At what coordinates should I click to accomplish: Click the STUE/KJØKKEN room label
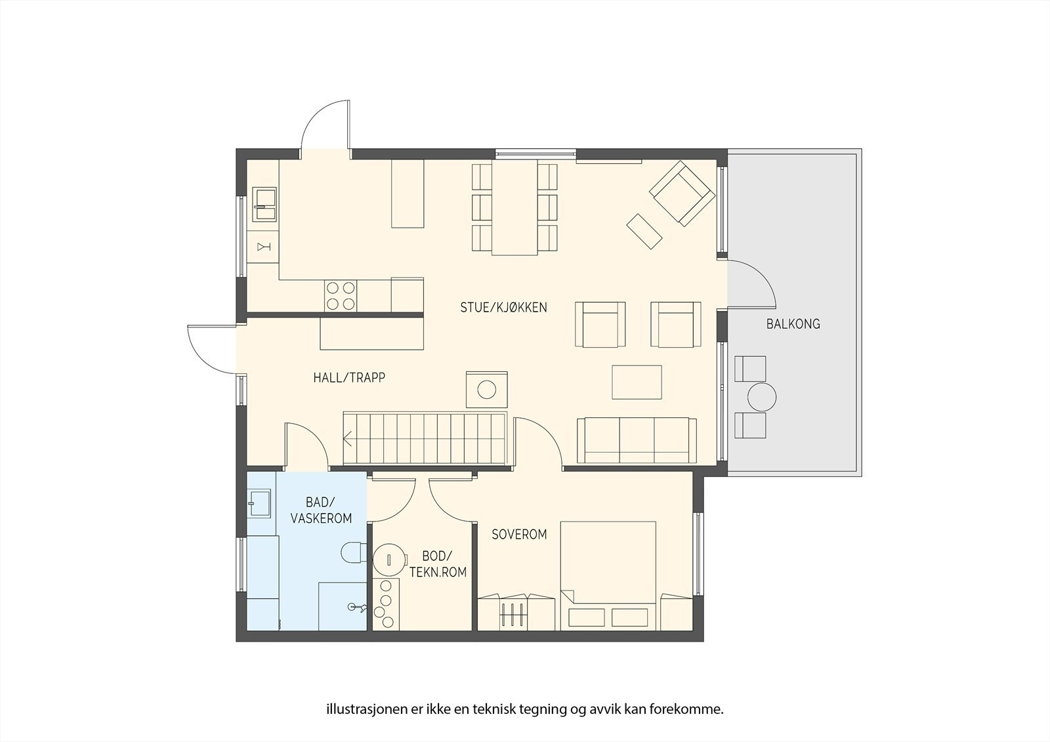(x=503, y=308)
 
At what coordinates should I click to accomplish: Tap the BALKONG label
(x=793, y=324)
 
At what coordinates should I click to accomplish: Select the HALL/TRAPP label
(x=349, y=378)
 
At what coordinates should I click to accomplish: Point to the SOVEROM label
(x=519, y=534)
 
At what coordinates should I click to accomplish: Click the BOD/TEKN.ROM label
(x=438, y=564)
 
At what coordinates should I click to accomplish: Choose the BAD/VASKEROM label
(x=321, y=510)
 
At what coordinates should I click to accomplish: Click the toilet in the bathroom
(x=355, y=552)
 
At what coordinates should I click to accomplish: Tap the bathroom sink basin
(x=259, y=503)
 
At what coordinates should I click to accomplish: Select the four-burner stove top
(x=341, y=297)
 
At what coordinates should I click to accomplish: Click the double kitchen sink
(x=264, y=204)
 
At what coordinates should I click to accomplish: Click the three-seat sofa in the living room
(x=637, y=441)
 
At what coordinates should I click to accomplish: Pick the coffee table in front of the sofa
(x=637, y=382)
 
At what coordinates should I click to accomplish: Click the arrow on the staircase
(x=348, y=440)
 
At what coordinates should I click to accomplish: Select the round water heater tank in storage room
(x=389, y=559)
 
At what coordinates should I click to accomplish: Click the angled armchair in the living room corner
(x=682, y=193)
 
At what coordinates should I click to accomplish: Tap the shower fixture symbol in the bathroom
(x=356, y=608)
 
